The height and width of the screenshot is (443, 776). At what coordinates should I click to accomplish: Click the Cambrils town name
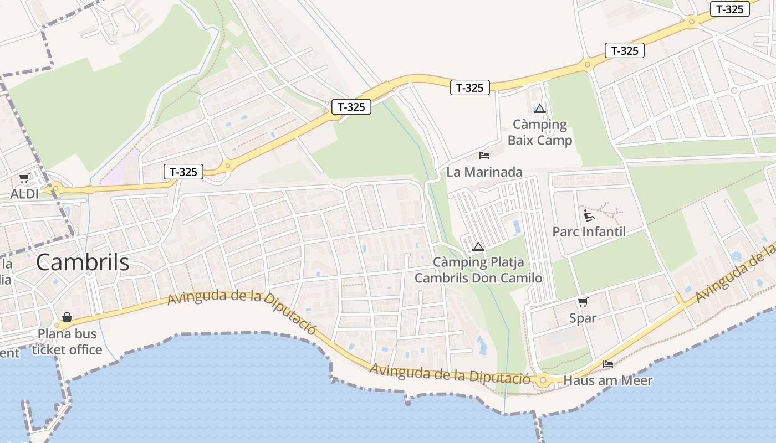(x=83, y=262)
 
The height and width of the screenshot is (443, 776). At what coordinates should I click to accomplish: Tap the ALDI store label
(x=25, y=194)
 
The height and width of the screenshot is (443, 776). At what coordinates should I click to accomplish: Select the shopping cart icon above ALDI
(x=24, y=178)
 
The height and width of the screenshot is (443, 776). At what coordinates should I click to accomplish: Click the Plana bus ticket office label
(x=67, y=342)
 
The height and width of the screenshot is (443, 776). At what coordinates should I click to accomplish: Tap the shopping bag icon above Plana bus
(x=67, y=317)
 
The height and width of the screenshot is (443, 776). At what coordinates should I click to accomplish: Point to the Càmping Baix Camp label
(x=540, y=132)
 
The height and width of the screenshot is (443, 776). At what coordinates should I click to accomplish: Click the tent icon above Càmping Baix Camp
(x=540, y=109)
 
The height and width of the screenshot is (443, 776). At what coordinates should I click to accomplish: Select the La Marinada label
(x=484, y=172)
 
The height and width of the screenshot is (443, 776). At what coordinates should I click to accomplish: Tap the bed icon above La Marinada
(x=484, y=156)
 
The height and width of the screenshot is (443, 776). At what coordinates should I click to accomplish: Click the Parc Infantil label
(x=589, y=231)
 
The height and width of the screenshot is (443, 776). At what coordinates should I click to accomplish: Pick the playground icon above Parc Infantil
(x=589, y=215)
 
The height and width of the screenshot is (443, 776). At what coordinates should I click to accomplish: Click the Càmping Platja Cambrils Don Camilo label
(x=478, y=270)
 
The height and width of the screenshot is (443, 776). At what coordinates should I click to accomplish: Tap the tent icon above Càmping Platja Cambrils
(x=478, y=246)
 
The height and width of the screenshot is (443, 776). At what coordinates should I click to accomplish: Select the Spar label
(x=583, y=318)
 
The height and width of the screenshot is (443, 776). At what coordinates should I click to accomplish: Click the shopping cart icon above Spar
(x=583, y=302)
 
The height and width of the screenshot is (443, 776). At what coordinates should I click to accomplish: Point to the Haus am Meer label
(x=608, y=380)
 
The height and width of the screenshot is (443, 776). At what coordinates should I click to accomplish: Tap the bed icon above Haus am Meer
(x=608, y=364)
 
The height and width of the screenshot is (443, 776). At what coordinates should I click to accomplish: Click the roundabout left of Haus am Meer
(x=542, y=380)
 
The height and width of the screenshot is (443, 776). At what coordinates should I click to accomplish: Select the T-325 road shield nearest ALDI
(x=183, y=172)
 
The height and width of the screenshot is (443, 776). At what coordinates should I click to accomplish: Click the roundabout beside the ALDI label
(x=55, y=189)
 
